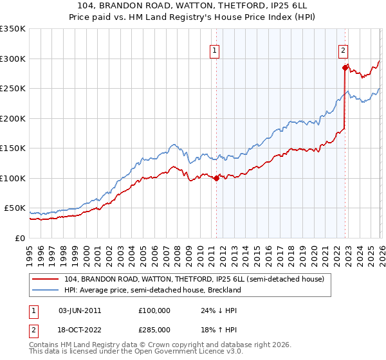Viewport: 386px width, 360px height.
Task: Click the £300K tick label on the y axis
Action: (13, 59)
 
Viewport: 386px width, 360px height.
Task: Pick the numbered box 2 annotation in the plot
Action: (344, 50)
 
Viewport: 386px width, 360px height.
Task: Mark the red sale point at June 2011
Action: (216, 179)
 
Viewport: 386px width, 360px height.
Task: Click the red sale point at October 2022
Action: (345, 67)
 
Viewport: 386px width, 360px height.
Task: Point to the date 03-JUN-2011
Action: (80, 310)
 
